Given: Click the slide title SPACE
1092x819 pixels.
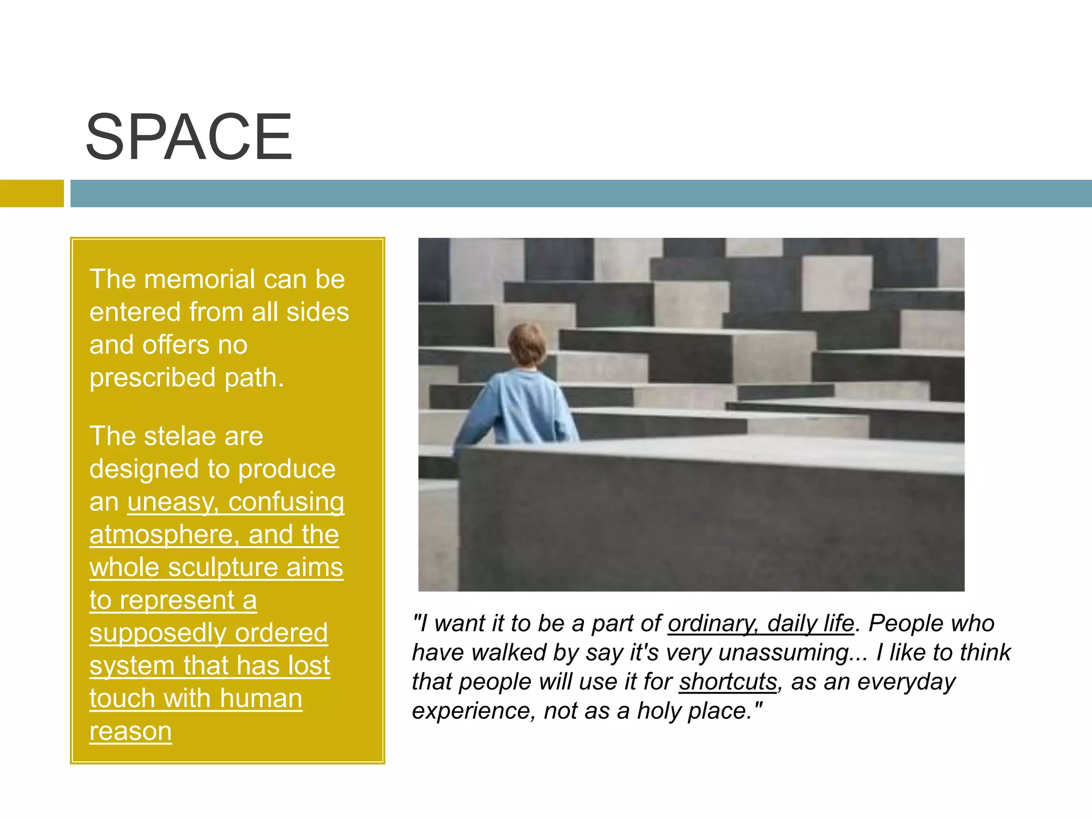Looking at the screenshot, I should (189, 137).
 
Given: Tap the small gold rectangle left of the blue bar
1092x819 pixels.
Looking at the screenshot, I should (31, 193).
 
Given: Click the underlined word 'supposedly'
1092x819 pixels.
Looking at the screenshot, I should (158, 633).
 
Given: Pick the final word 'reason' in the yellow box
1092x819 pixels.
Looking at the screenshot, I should (131, 731).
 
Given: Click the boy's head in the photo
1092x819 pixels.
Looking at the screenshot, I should (527, 344).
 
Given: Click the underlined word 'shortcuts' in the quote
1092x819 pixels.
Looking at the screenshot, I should (728, 682).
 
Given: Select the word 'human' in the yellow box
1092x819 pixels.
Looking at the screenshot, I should (261, 698).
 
